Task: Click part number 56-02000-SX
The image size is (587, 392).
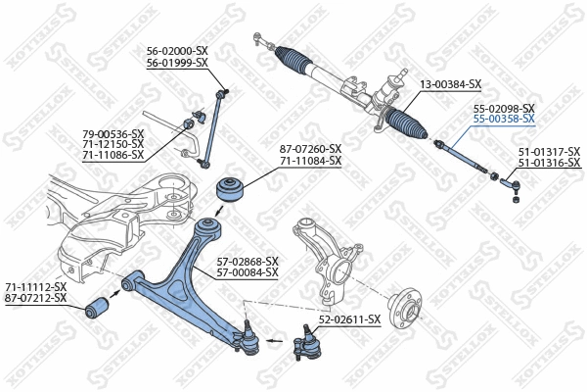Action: click(x=177, y=50)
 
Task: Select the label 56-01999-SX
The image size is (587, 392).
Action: click(x=177, y=62)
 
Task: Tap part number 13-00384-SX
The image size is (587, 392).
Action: click(x=451, y=84)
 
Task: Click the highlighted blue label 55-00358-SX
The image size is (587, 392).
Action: click(x=504, y=119)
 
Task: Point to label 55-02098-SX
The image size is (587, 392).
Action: click(x=504, y=108)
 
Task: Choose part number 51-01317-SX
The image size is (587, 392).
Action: click(x=549, y=151)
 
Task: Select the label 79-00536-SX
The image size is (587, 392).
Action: click(x=113, y=133)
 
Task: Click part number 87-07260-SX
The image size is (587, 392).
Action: click(x=310, y=148)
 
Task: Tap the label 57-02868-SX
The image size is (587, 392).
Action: click(x=247, y=261)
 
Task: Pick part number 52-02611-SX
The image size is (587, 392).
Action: click(x=349, y=319)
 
